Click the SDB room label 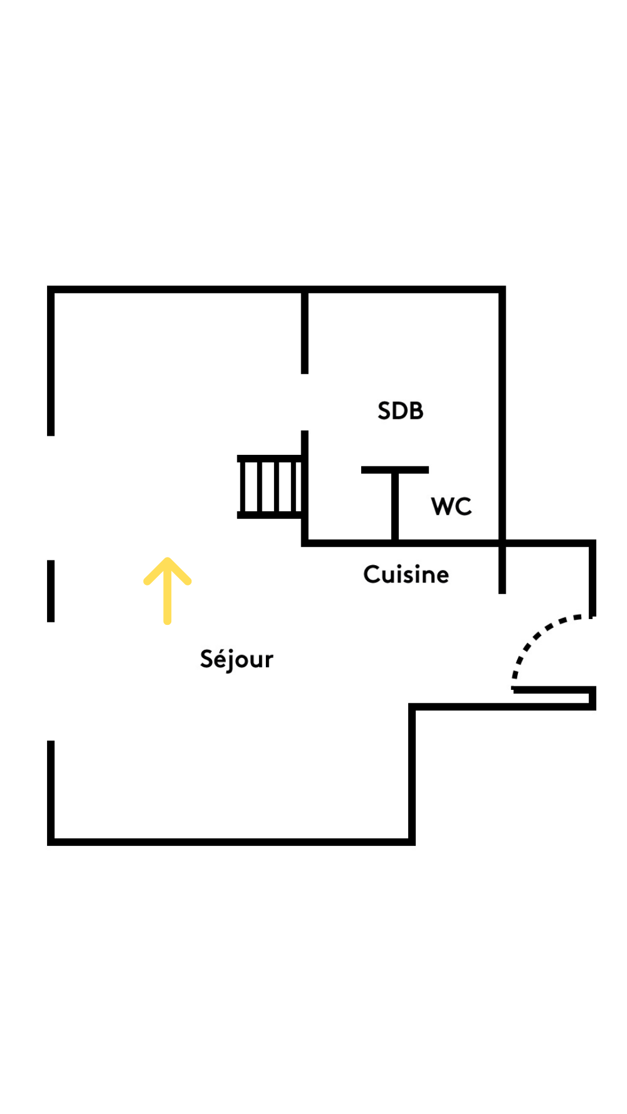tap(400, 411)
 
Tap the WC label tap(451, 507)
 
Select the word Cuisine tap(406, 574)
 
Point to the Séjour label tap(236, 659)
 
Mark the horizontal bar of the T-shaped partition tap(395, 470)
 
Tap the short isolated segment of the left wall tap(51, 591)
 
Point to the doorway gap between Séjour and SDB tap(305, 402)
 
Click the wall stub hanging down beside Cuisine tap(502, 569)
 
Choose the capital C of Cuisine tap(372, 574)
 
